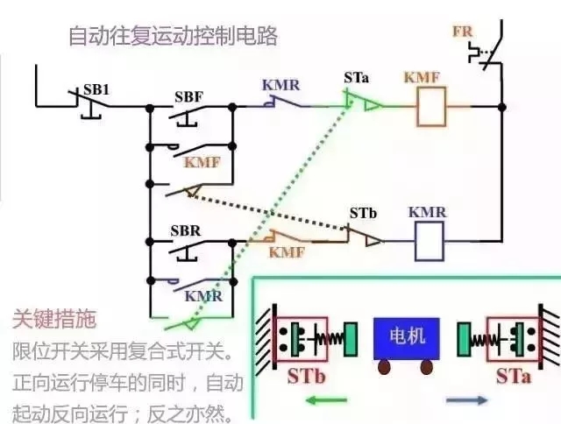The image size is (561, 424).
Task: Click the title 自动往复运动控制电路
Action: click(x=173, y=37)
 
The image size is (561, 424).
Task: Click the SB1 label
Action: click(x=96, y=90)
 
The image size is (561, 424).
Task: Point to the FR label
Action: click(x=462, y=32)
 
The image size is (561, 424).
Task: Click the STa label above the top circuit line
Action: click(x=357, y=79)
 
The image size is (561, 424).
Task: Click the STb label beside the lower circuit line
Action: click(x=363, y=213)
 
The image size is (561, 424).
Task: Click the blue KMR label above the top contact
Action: click(x=281, y=85)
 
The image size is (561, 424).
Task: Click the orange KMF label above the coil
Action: click(x=422, y=78)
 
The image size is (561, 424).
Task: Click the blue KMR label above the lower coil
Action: click(x=428, y=212)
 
